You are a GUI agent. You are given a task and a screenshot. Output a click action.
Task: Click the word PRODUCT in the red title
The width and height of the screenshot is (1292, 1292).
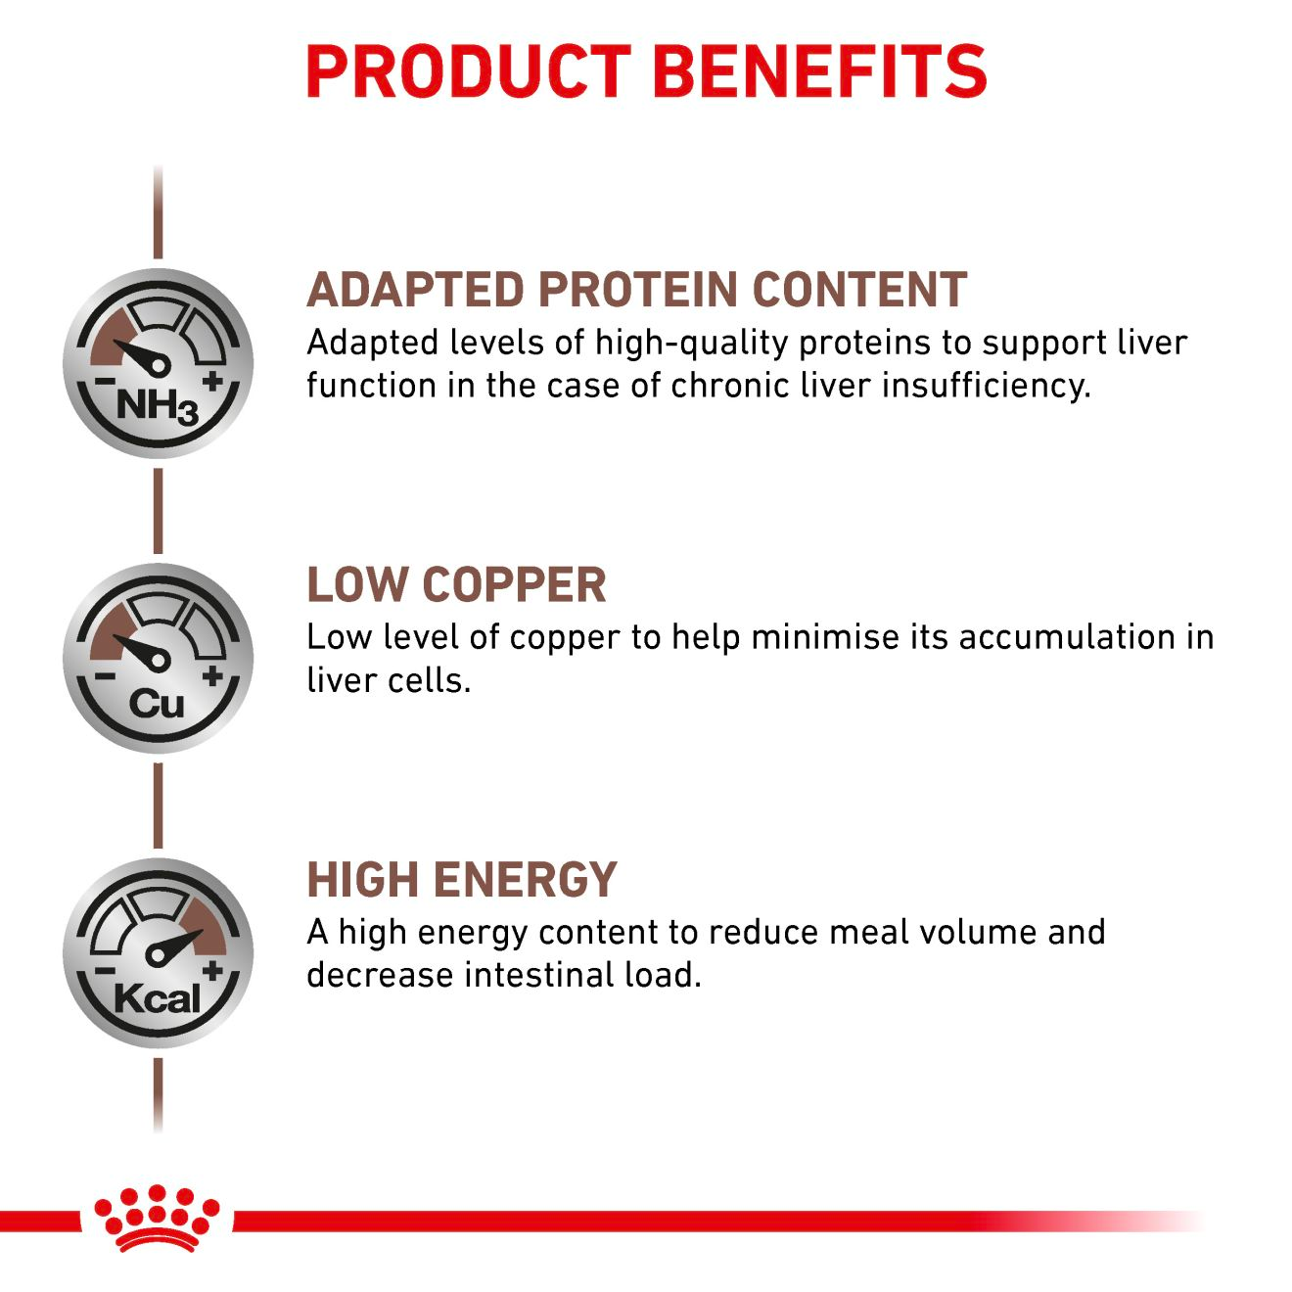click(468, 70)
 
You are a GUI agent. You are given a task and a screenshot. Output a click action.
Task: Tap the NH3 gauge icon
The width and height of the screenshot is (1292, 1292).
click(158, 363)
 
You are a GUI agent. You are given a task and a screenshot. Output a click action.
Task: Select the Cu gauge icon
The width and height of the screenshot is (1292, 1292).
click(158, 658)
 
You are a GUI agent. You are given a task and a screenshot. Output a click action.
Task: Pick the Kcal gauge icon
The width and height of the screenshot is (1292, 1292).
click(158, 952)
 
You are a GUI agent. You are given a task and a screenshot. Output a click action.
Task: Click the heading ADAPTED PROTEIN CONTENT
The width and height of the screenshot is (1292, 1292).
click(636, 290)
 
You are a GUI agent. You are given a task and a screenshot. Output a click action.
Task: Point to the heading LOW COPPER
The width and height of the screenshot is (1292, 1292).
click(456, 584)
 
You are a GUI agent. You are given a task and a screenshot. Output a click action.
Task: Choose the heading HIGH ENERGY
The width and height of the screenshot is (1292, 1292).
click(462, 879)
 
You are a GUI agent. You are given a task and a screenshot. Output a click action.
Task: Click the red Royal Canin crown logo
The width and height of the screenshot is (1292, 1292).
click(157, 1218)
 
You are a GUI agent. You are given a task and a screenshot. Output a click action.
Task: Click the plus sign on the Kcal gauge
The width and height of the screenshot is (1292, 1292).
click(213, 970)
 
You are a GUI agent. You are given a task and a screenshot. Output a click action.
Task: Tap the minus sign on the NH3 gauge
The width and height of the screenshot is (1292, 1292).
click(102, 382)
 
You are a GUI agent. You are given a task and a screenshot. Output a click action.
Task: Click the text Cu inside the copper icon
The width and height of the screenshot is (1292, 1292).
click(157, 703)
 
